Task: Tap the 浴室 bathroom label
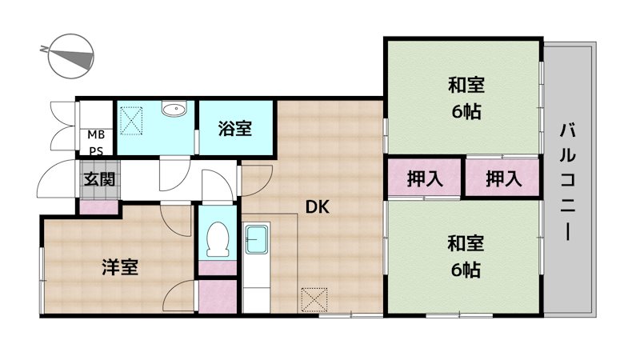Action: (236, 127)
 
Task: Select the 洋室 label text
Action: (120, 266)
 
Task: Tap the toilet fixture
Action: (217, 238)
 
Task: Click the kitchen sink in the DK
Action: (258, 239)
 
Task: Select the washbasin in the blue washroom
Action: (174, 110)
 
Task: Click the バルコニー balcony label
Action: (569, 181)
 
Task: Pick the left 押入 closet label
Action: (424, 179)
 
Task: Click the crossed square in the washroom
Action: (132, 120)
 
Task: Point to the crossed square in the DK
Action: (314, 299)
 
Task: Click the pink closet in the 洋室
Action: (218, 295)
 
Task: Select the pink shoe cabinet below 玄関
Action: (98, 206)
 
